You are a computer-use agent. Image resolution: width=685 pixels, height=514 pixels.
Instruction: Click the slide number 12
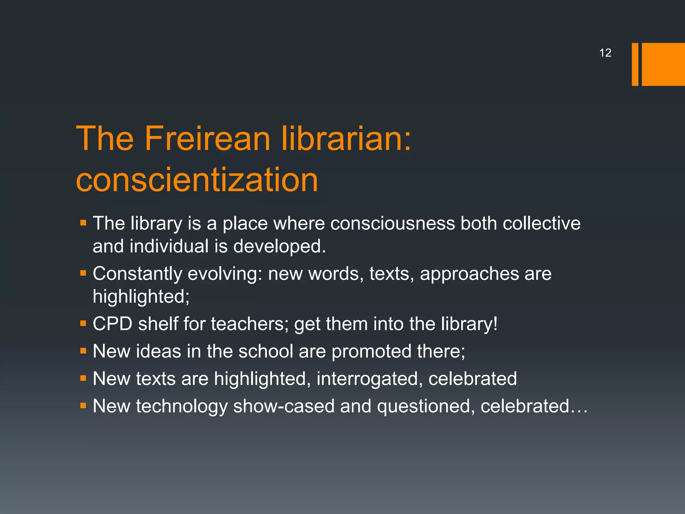click(x=605, y=53)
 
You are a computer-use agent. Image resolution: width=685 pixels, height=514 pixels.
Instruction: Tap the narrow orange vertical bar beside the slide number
click(x=635, y=64)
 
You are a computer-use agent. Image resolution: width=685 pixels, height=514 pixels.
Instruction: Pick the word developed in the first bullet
click(x=279, y=246)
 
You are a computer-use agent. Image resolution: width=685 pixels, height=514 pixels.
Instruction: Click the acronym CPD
click(x=112, y=324)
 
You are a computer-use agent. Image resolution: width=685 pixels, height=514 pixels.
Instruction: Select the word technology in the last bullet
click(x=182, y=406)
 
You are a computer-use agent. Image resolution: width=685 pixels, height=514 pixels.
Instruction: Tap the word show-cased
click(x=284, y=406)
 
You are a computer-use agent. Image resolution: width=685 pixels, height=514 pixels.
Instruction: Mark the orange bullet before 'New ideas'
click(x=83, y=351)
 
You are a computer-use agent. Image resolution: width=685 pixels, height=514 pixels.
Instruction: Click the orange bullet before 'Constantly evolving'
click(x=83, y=273)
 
